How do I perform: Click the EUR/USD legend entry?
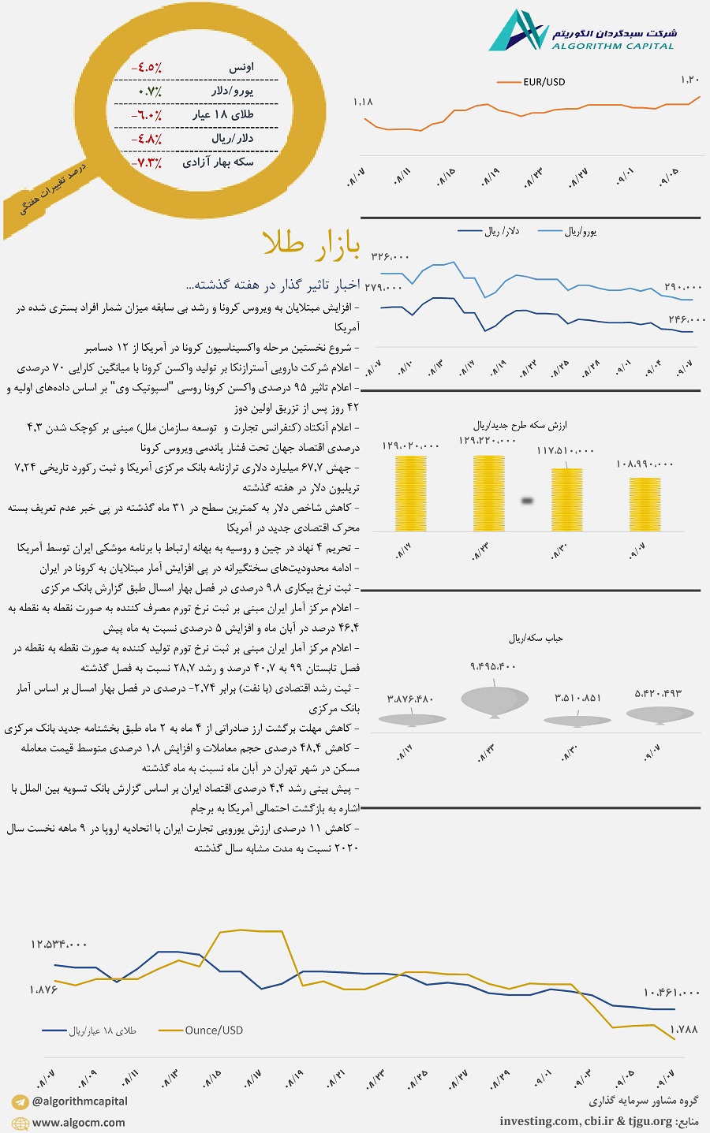pyautogui.click(x=544, y=82)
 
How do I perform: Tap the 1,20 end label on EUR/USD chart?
pyautogui.click(x=689, y=80)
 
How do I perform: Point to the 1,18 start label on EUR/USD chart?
pyautogui.click(x=363, y=102)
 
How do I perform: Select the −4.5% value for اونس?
pyautogui.click(x=147, y=68)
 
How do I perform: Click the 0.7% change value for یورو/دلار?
pyautogui.click(x=149, y=91)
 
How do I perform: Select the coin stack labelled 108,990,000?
pyautogui.click(x=645, y=504)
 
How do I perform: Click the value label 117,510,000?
pyautogui.click(x=566, y=450)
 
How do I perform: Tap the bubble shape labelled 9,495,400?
pyautogui.click(x=494, y=699)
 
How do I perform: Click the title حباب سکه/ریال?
pyautogui.click(x=536, y=638)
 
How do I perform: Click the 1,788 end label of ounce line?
pyautogui.click(x=683, y=1029)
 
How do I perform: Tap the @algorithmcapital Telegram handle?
pyautogui.click(x=80, y=1101)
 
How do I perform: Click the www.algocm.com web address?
pyautogui.click(x=78, y=1123)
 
